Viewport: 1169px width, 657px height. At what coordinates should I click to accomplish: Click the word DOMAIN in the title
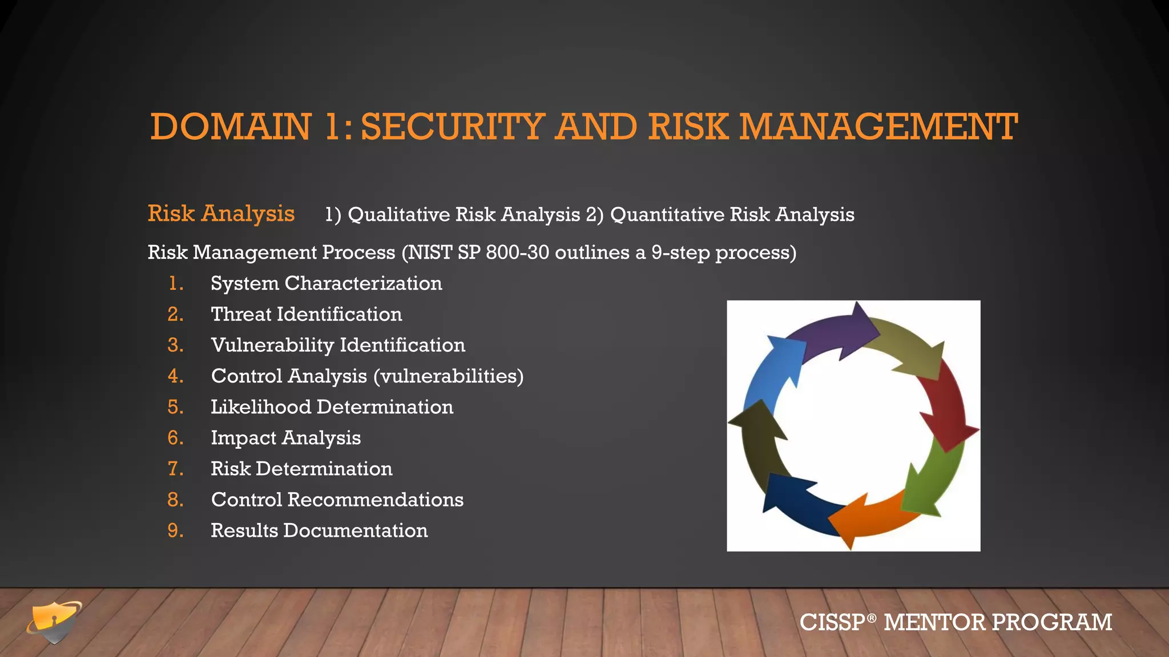pyautogui.click(x=231, y=127)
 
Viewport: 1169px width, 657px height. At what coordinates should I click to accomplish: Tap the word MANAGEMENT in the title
pyautogui.click(x=878, y=127)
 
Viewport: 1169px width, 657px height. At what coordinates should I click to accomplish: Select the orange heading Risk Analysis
pyautogui.click(x=221, y=214)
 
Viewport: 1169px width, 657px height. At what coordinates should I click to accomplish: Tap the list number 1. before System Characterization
pyautogui.click(x=176, y=283)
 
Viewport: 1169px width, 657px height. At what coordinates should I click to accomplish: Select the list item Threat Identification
pyautogui.click(x=307, y=314)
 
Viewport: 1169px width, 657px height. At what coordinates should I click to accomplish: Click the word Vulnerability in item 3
pyautogui.click(x=272, y=346)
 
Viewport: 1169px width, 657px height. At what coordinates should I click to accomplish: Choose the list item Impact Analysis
pyautogui.click(x=285, y=438)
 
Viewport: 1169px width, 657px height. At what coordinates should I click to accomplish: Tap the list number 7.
pyautogui.click(x=175, y=469)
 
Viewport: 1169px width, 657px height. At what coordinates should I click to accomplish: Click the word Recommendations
pyautogui.click(x=375, y=500)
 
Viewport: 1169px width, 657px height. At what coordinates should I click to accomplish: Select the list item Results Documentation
pyautogui.click(x=319, y=530)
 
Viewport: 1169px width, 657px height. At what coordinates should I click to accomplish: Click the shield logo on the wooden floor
pyautogui.click(x=54, y=622)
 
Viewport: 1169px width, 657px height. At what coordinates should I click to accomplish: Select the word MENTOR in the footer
pyautogui.click(x=934, y=622)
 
